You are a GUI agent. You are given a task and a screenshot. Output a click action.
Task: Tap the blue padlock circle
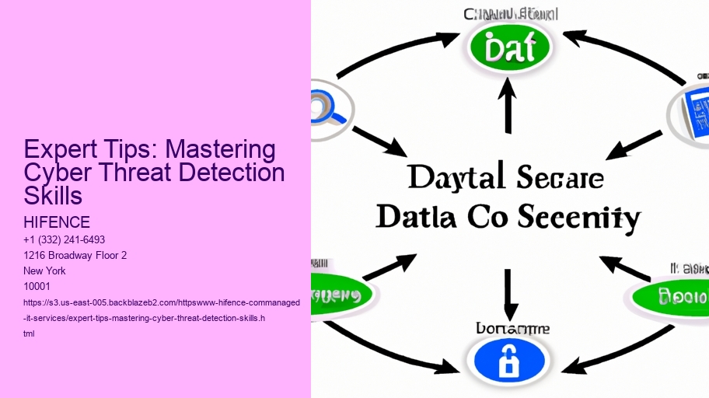507,361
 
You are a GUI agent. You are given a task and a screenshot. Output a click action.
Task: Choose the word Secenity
579,217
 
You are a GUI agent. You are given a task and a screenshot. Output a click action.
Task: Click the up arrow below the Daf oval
509,108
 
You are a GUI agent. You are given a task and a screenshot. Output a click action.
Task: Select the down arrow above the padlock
508,292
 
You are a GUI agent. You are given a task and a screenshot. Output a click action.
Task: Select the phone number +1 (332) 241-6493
65,239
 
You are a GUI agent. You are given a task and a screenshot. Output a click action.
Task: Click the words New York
45,271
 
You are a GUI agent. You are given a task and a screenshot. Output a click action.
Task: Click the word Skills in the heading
53,195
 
